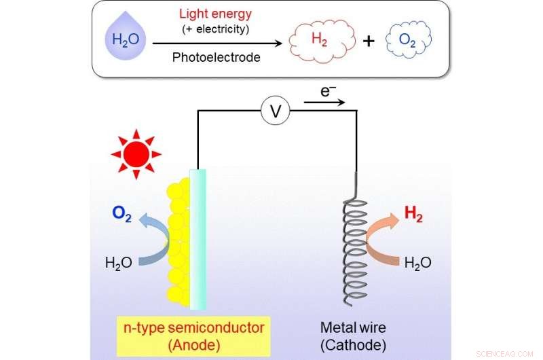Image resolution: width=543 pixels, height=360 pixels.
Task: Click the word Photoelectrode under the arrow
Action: coord(215,58)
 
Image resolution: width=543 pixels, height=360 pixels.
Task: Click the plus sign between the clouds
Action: coord(368,41)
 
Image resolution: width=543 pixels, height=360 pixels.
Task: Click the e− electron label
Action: coord(329,90)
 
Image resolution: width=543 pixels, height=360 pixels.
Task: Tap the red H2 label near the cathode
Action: coord(413,214)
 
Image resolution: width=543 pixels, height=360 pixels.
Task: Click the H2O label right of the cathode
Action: coord(417,262)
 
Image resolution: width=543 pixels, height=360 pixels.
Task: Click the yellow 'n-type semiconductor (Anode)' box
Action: coord(193,335)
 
